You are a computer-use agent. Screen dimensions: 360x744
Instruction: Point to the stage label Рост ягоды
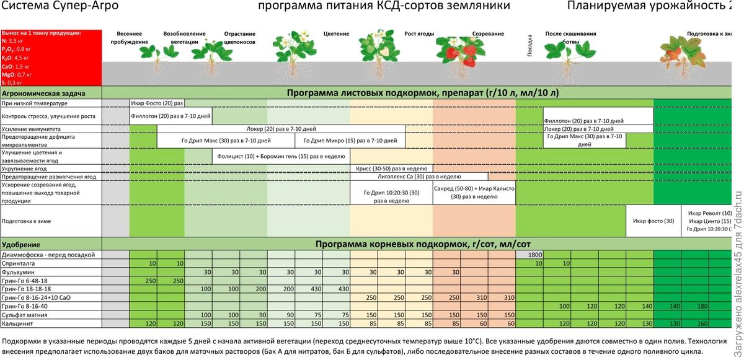click(418, 33)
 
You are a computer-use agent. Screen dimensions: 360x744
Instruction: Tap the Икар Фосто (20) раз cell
click(157, 103)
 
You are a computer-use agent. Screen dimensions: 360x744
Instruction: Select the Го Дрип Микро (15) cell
click(350, 141)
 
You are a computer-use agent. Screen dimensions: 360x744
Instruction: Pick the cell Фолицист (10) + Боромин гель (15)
click(280, 156)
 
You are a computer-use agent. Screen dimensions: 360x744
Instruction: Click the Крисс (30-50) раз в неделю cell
click(391, 168)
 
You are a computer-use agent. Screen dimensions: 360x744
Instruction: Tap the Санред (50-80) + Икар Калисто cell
click(474, 192)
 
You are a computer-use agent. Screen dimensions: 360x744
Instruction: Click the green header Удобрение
click(22, 245)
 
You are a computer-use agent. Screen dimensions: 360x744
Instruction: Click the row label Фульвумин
click(19, 272)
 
